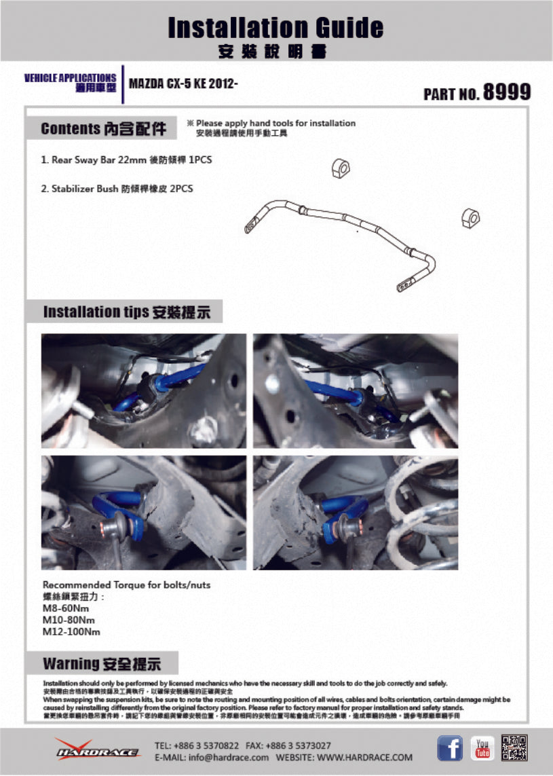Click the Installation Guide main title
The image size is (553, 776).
275,28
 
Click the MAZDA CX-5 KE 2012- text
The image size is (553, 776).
183,84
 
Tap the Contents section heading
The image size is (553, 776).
103,128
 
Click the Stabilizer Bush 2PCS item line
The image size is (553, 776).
117,189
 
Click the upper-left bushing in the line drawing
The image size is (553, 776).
340,168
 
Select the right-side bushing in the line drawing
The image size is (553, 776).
469,217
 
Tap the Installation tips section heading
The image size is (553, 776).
126,312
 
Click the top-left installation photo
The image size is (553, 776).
143,390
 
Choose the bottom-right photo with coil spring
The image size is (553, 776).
356,513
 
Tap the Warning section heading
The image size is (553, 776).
102,663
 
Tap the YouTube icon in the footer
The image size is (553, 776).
482,748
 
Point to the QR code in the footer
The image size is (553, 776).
514,748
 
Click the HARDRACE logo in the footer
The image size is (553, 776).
98,750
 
